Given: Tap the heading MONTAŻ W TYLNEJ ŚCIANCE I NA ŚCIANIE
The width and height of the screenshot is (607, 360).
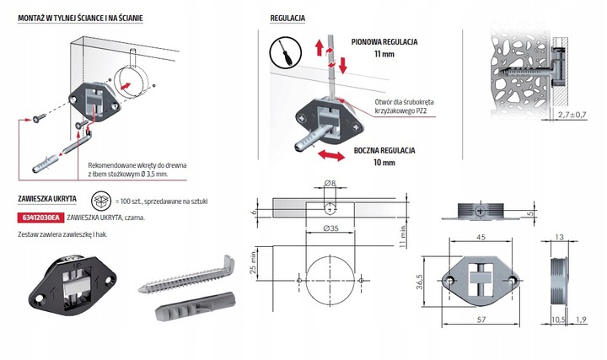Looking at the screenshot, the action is click(81, 19).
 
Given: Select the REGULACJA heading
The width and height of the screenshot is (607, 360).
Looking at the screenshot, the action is click(287, 19).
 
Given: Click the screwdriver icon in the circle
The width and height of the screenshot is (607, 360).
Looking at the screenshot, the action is click(286, 52).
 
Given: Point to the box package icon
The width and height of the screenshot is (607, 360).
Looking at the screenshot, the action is click(101, 201).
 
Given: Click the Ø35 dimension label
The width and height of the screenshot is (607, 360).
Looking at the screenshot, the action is click(331, 228).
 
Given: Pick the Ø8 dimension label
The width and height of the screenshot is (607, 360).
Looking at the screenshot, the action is click(330, 183).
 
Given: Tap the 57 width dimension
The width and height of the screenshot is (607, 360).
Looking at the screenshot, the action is click(481, 320).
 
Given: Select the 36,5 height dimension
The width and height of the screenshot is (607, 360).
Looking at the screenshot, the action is click(420, 282).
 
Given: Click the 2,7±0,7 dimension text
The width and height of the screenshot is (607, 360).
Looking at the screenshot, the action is click(572, 115).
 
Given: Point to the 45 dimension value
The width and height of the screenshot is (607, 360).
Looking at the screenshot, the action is click(481, 237).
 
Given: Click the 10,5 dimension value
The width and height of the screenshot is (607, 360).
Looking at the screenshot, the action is click(558, 320).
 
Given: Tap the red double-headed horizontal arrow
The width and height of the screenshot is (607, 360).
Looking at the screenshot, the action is click(330, 156).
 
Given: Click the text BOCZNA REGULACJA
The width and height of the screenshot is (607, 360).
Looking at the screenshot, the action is click(384, 151).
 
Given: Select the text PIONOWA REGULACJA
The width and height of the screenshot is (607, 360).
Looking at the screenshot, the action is click(384, 42).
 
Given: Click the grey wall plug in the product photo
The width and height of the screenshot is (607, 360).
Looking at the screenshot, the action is click(195, 307).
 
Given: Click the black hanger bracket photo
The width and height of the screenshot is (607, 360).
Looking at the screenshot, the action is click(73, 285).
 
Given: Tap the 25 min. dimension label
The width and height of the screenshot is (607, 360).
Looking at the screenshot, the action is click(253, 262).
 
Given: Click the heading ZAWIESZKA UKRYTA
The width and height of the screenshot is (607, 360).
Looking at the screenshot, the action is click(47, 199).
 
